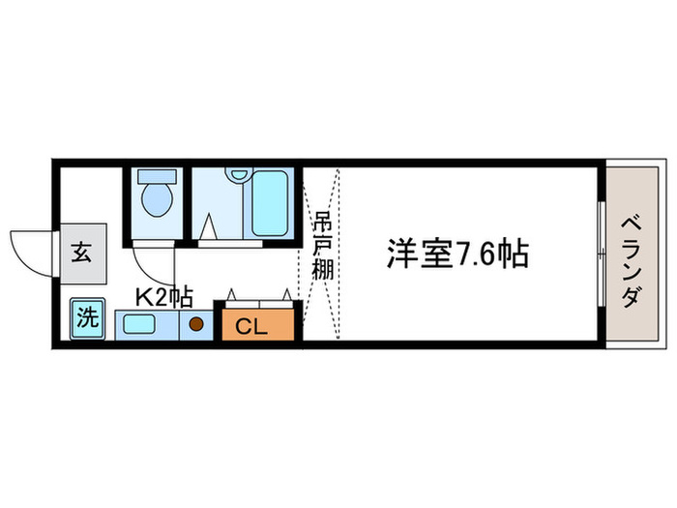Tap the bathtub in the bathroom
[271, 203]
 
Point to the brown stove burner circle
[195, 325]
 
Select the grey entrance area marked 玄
[82, 254]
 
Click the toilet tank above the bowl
[155, 177]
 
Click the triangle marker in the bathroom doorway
[210, 229]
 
